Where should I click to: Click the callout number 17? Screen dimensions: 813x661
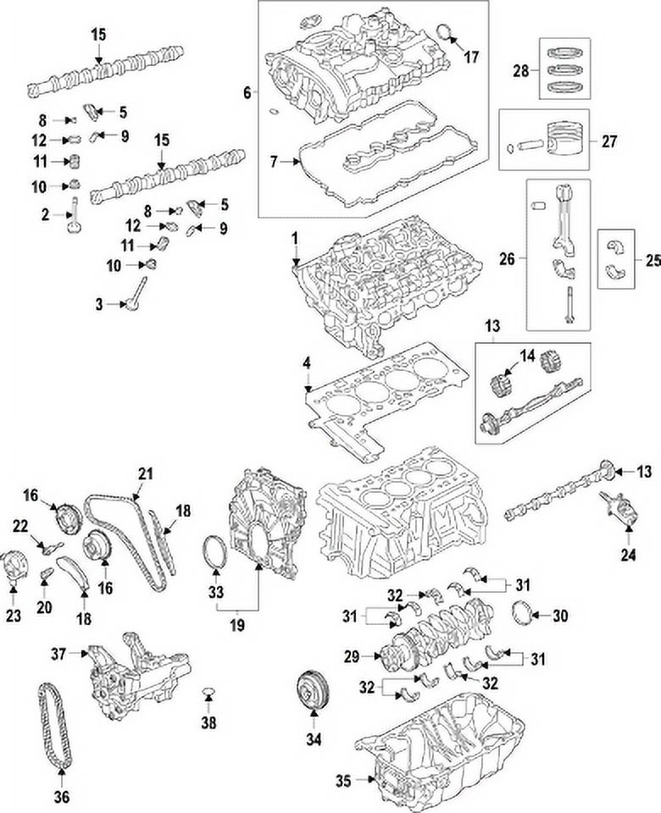(x=471, y=58)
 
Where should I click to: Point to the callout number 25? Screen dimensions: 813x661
(x=652, y=261)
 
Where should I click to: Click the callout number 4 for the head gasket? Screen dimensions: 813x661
(x=307, y=363)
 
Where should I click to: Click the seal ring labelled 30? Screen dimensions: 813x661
(x=525, y=615)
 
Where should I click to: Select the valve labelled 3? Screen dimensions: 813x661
(x=131, y=301)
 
